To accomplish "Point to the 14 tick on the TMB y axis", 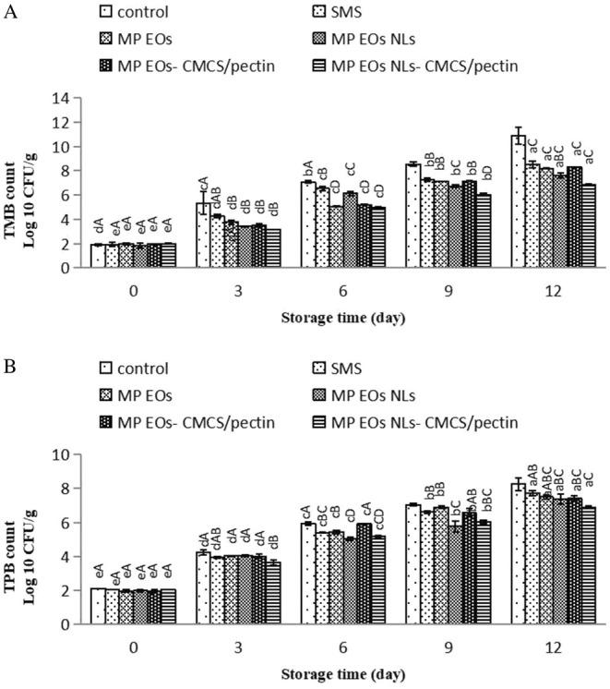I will point(62,97).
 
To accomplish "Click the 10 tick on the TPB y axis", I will point(62,454).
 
